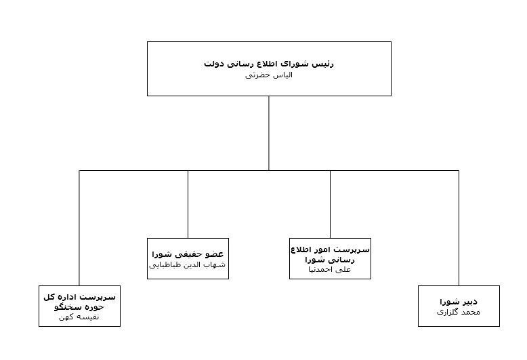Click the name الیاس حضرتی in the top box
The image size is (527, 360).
[x=269, y=75]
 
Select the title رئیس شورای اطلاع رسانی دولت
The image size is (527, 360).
[x=269, y=64]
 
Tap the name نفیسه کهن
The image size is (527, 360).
[x=79, y=317]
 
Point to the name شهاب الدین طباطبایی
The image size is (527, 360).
[x=188, y=265]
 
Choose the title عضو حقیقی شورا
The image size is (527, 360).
[x=188, y=254]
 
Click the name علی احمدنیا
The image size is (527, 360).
[x=330, y=269]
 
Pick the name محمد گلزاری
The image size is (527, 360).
[x=459, y=312]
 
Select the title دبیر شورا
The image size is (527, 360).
[x=459, y=301]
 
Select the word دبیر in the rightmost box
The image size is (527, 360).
[x=468, y=301]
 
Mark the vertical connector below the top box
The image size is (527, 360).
[x=269, y=132]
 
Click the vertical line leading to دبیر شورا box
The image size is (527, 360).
[x=459, y=227]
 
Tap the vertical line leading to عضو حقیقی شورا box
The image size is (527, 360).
[x=188, y=203]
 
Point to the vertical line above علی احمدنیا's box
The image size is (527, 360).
[x=330, y=203]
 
